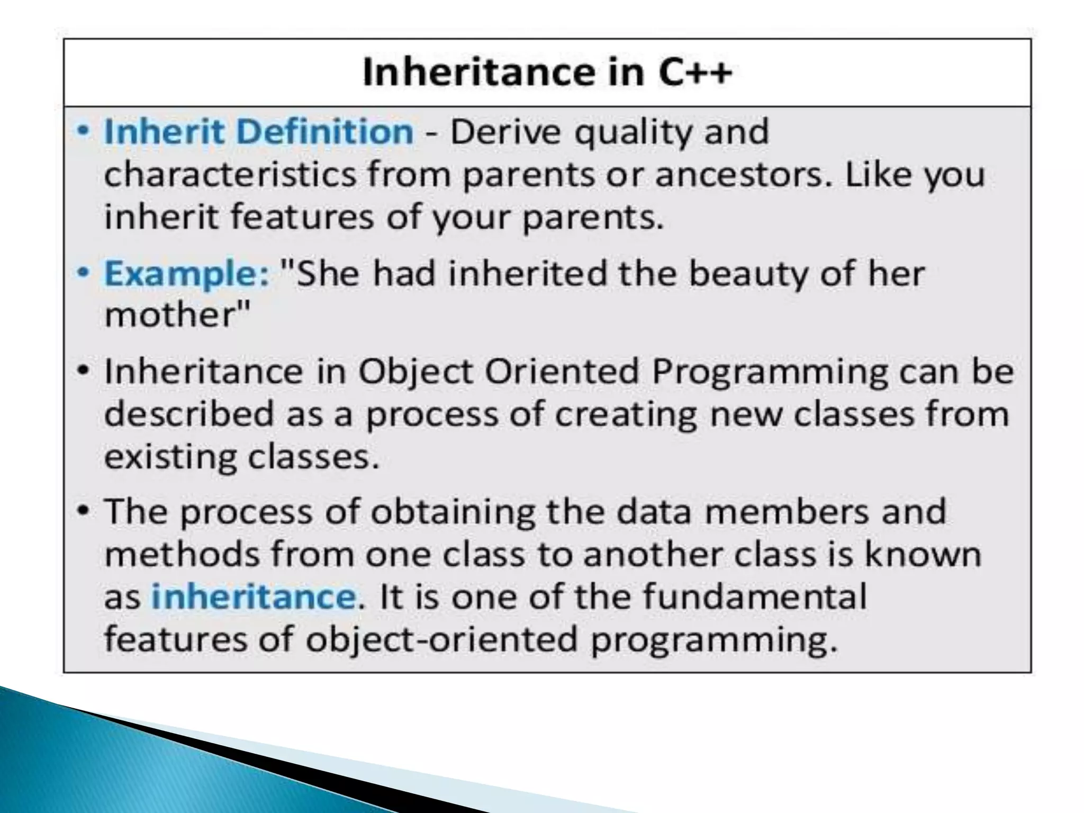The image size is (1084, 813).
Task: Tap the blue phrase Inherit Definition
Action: tap(259, 131)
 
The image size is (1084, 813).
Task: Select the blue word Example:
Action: tap(187, 274)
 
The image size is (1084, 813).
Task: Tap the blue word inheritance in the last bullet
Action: tap(254, 597)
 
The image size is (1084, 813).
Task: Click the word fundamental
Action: tap(755, 597)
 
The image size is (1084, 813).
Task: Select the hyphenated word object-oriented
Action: tap(441, 639)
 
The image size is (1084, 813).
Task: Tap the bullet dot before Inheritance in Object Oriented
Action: tap(83, 371)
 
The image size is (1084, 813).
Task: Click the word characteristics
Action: tap(230, 175)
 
